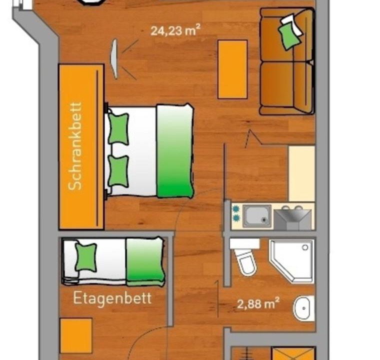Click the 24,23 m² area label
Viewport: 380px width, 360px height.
coord(175,30)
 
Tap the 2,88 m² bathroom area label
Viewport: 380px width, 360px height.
coord(258,303)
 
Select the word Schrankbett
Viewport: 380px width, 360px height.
coord(75,146)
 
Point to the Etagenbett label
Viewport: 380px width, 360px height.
coord(112,298)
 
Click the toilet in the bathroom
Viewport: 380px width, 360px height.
coord(245,257)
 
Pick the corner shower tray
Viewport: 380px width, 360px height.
coord(292,261)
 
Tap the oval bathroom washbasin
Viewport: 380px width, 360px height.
coord(303,308)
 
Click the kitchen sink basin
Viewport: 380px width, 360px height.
coord(257,216)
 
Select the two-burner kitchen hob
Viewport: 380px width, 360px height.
coord(235,213)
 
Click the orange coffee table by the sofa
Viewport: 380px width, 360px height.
coord(232,69)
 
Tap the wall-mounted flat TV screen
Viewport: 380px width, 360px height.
coord(114,59)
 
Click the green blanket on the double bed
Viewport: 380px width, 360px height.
coord(175,151)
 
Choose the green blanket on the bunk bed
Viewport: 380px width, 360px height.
coord(145,261)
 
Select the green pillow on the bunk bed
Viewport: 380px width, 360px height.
coord(86,257)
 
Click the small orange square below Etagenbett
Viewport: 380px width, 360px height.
coord(76,336)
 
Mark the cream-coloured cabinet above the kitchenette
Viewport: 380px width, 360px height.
coord(301,173)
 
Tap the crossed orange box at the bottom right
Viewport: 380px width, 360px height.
coord(293,353)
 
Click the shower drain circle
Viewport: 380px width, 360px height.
coord(305,247)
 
